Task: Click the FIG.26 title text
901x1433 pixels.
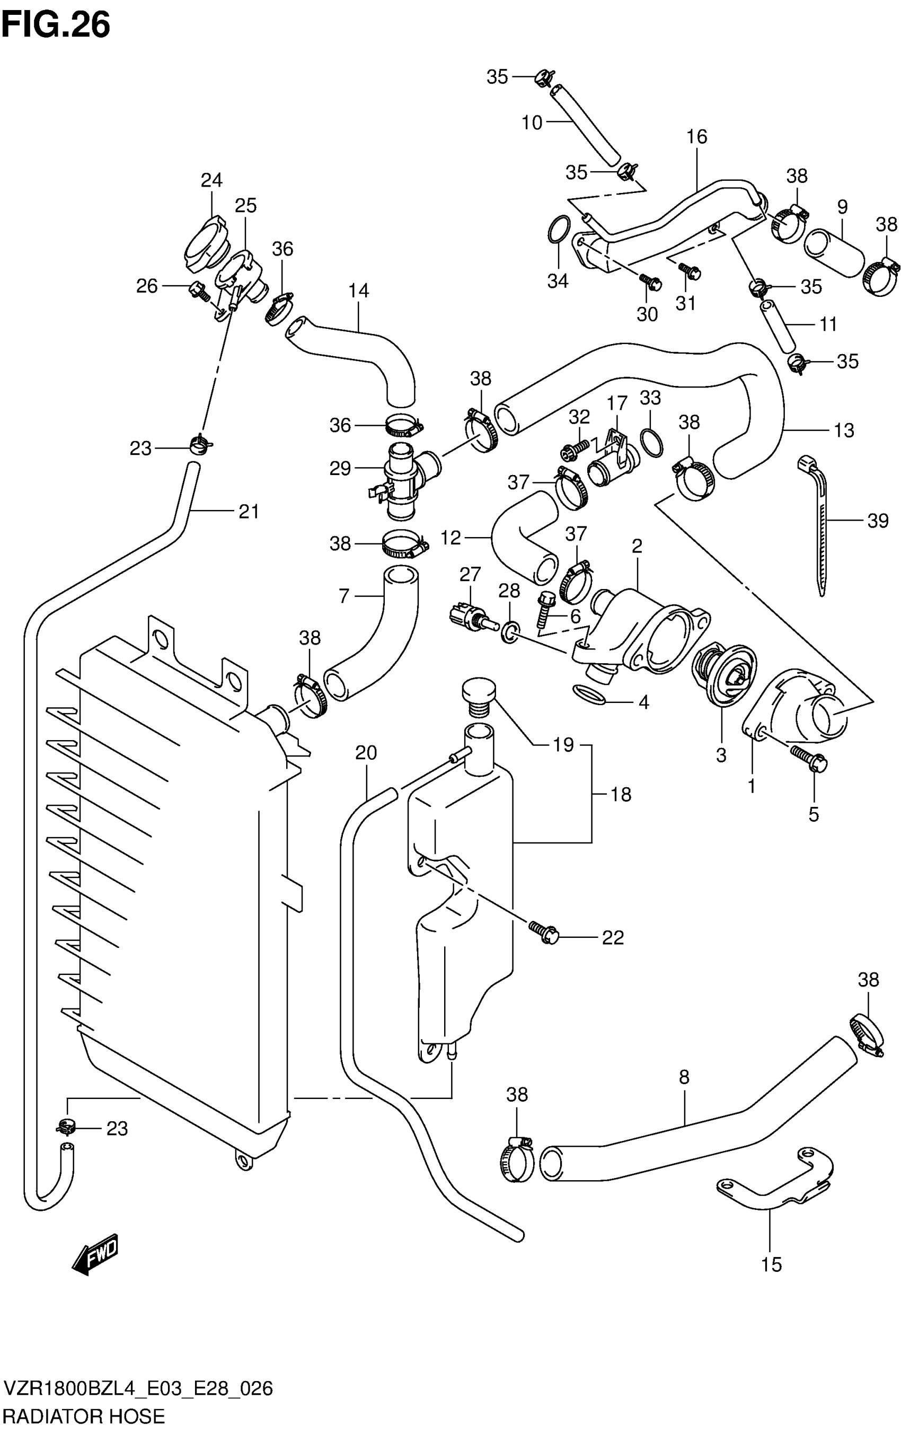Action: point(56,25)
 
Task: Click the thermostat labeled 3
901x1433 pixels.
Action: point(723,676)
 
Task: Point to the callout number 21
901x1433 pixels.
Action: point(249,511)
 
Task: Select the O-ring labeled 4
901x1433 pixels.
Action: point(589,694)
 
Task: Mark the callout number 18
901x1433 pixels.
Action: point(620,794)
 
